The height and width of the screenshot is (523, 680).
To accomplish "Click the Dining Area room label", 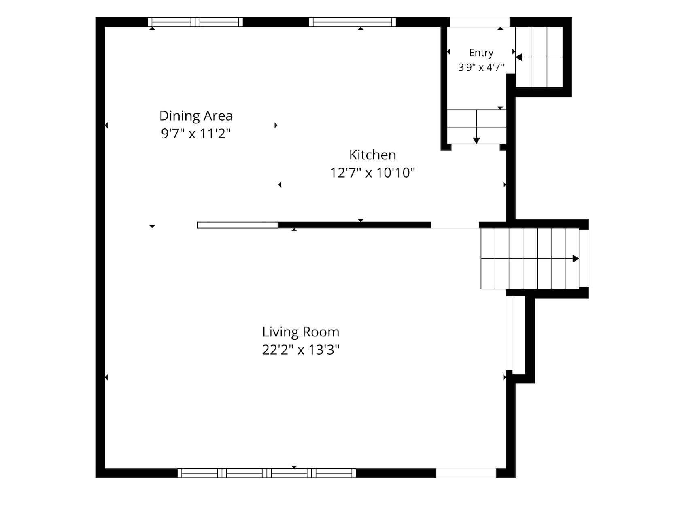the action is tap(196, 116).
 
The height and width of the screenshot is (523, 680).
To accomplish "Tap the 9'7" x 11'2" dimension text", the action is tap(196, 133).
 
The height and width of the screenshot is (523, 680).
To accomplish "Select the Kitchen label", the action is tap(372, 155).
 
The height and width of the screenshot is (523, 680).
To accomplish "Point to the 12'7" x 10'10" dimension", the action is tap(372, 173).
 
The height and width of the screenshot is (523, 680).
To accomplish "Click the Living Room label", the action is tap(301, 332).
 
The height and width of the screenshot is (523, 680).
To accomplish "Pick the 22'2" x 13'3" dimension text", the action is tap(301, 349).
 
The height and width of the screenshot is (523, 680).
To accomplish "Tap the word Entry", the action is tap(481, 53).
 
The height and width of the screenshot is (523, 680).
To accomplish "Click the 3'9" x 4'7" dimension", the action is tap(481, 67).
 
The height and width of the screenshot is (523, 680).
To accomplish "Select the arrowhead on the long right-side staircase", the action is tap(576, 259).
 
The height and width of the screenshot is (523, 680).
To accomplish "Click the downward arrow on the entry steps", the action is tap(476, 140).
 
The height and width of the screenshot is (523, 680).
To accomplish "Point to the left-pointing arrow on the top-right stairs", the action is tap(518, 57).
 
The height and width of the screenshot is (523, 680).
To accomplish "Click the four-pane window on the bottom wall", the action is tap(267, 473).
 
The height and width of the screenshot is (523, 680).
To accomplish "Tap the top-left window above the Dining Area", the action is tap(195, 22).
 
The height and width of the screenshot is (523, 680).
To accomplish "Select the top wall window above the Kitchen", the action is tap(353, 22).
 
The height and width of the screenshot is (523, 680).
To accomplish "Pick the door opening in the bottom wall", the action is tap(466, 473).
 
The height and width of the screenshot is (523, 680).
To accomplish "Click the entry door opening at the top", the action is tap(480, 22).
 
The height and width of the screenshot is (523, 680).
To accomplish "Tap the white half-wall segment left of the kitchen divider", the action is tap(238, 225).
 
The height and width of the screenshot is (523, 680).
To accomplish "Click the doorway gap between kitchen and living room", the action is tap(455, 225).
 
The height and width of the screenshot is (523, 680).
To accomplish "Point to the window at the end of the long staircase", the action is tap(584, 258).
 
